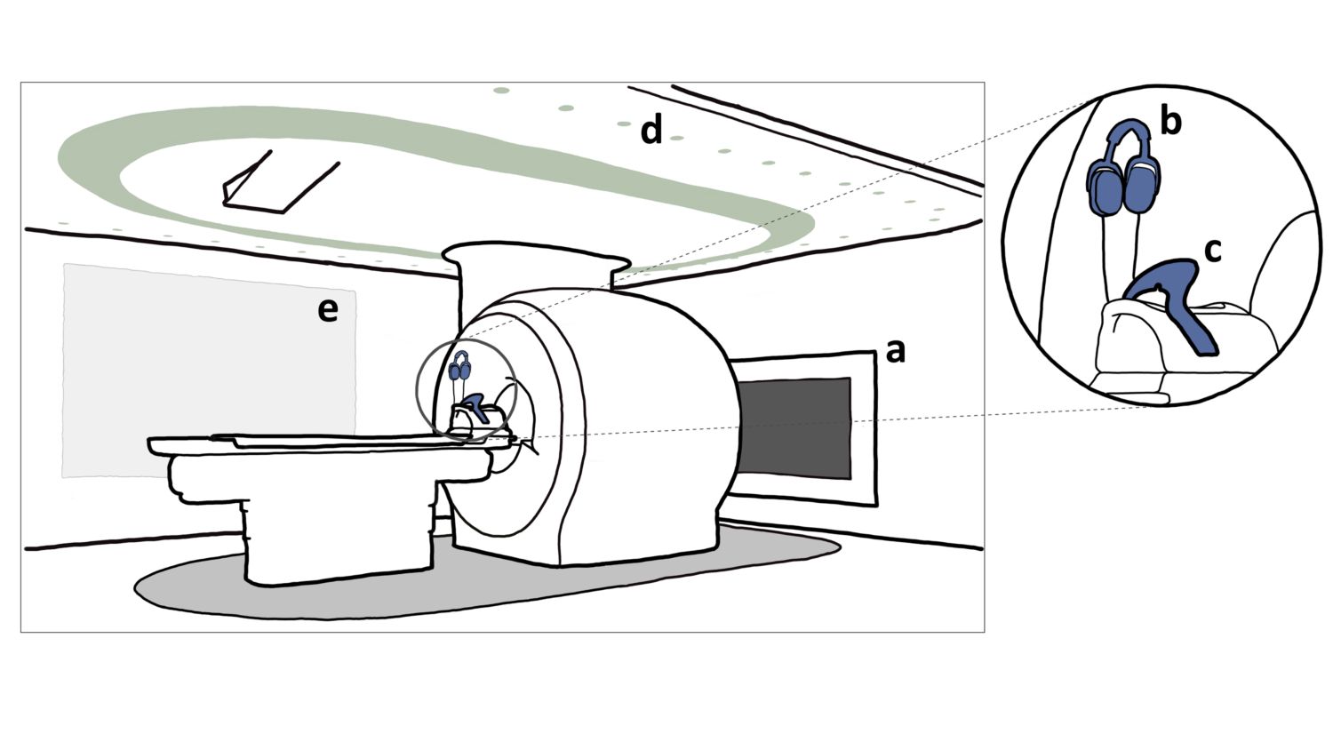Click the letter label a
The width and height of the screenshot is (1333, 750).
pos(896,352)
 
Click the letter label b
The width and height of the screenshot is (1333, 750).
pos(1170,121)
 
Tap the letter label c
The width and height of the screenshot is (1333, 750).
pos(1212,251)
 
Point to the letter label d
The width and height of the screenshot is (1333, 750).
pos(652,131)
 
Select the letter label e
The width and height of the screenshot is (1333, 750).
pos(328,310)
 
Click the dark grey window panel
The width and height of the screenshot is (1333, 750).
pos(793,427)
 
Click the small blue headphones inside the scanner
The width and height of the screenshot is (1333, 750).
pos(459,366)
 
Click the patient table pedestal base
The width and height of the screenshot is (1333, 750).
pos(338,542)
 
